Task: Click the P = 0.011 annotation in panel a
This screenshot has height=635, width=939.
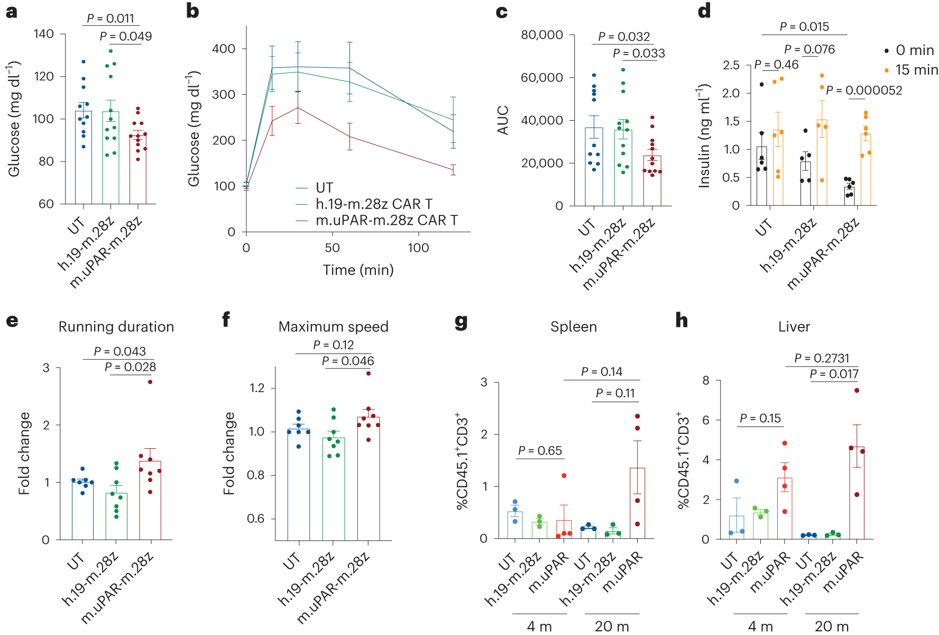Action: click(111, 19)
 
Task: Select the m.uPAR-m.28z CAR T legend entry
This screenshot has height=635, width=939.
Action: click(386, 220)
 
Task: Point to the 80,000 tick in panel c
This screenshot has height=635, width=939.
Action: click(542, 35)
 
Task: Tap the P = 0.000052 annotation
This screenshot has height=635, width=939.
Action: click(864, 90)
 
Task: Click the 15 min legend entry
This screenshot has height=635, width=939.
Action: click(916, 70)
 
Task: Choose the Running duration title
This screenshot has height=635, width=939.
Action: click(116, 327)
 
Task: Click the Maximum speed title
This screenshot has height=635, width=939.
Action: click(333, 327)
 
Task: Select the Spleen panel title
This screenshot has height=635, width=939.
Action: click(574, 327)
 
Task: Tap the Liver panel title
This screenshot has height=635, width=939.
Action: click(794, 327)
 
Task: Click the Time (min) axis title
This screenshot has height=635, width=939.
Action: click(358, 270)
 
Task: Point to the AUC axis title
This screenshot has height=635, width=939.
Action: click(503, 120)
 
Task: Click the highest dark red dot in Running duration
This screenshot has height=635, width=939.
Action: click(150, 382)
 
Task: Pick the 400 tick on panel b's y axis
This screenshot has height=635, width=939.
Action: click(223, 49)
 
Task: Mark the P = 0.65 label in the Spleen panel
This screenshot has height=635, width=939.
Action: click(540, 451)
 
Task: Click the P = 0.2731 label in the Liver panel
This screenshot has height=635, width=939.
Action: click(822, 358)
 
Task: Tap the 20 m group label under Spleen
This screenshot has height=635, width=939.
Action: click(612, 627)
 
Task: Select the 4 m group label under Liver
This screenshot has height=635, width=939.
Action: click(760, 627)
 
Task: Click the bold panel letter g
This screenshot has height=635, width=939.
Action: click(461, 321)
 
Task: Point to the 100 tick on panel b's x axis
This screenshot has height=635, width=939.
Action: click(418, 248)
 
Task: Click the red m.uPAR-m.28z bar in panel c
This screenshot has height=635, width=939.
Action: click(652, 180)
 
